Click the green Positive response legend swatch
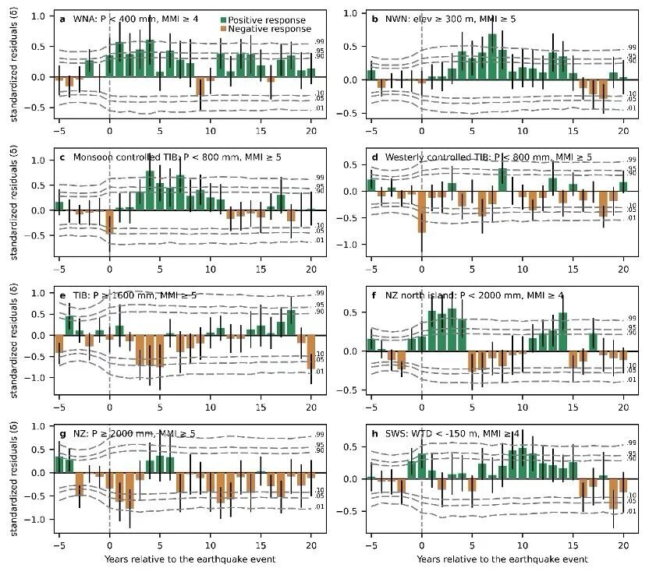pos(225,20)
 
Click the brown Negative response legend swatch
pos(225,30)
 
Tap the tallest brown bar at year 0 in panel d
pos(422,211)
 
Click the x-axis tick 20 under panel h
pos(624,545)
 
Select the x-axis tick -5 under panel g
pos(59,545)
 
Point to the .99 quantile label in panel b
pos(632,48)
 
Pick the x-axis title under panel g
pos(185,559)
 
